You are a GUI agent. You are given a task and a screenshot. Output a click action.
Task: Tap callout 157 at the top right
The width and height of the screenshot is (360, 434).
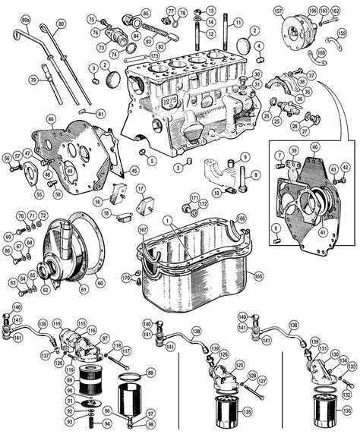tap(278, 11)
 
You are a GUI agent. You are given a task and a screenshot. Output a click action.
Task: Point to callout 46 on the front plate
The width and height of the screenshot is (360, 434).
tap(50, 119)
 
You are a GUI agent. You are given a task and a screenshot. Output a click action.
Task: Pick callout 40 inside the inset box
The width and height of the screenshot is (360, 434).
tap(314, 146)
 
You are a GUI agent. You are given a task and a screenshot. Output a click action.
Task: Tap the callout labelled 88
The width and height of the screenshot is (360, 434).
tap(149, 372)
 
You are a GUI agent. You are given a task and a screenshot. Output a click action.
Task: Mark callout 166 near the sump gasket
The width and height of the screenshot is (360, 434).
tap(240, 219)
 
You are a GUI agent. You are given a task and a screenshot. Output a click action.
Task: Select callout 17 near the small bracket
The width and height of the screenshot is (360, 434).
tap(140, 188)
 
